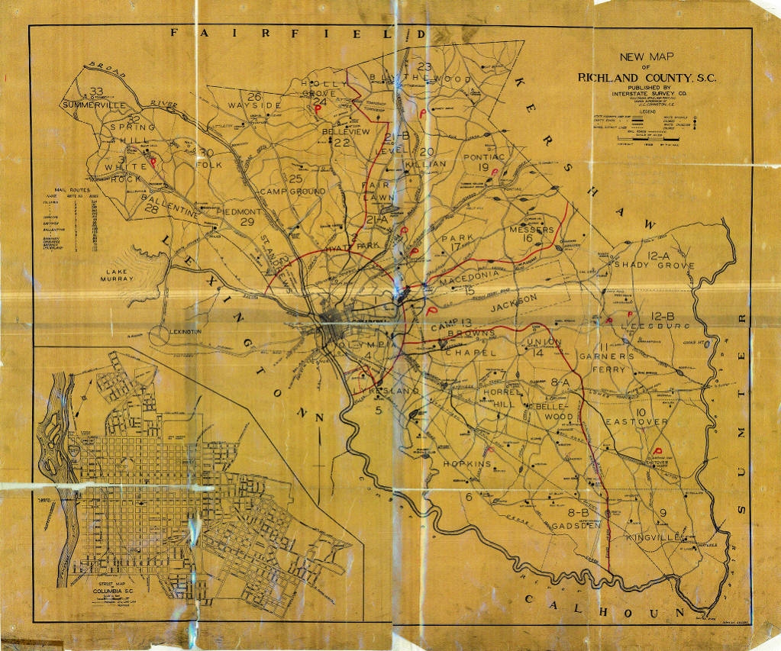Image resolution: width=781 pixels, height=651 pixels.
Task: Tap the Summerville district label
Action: pos(93,105)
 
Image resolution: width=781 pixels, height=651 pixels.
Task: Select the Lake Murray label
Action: pos(121,274)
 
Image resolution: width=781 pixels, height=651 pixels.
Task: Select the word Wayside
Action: pos(254,105)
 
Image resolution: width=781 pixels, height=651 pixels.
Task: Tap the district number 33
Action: pos(96,92)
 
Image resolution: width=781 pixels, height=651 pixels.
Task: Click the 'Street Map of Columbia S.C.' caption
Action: pos(113,589)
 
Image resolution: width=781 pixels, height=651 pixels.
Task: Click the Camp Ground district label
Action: pos(292,191)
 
